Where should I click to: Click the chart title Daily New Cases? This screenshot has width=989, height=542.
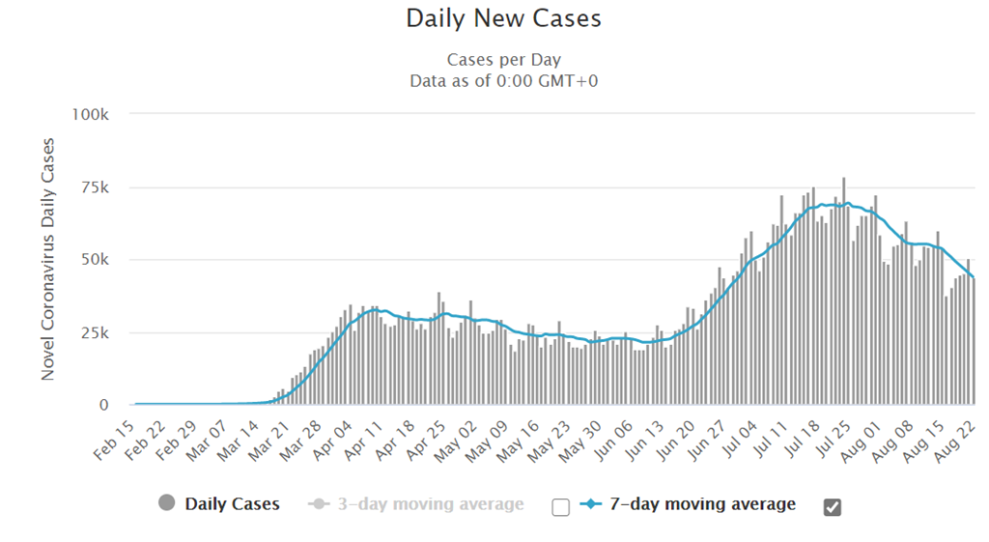(x=503, y=18)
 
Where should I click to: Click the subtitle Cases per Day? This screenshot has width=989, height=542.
(x=503, y=61)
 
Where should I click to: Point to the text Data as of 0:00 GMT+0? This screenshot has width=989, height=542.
(x=503, y=81)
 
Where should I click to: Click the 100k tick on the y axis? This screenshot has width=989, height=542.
(x=92, y=114)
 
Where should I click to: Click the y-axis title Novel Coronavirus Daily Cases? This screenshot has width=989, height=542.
(x=48, y=259)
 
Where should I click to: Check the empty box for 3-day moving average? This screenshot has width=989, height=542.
(x=560, y=507)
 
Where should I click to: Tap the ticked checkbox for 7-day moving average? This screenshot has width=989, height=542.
(x=832, y=507)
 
